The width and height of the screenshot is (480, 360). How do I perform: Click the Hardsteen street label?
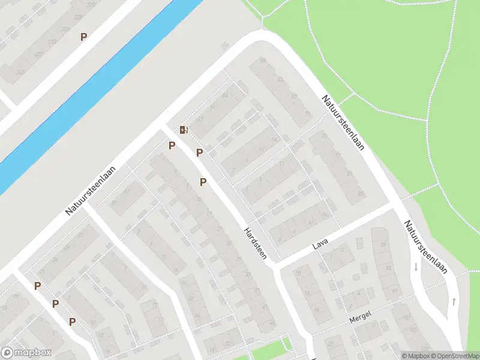(x=254, y=242)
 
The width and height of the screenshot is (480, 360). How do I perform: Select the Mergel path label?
(x=360, y=316)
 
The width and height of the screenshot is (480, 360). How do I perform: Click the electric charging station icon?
(x=184, y=130)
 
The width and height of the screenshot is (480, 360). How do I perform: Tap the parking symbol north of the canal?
(x=83, y=37)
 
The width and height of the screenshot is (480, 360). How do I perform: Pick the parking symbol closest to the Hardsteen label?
(x=203, y=182)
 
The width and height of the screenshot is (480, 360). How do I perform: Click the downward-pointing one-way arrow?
(x=415, y=266)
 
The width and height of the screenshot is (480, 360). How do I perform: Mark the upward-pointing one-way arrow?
(x=454, y=301)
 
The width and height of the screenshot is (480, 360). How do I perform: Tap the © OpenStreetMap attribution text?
(x=454, y=356)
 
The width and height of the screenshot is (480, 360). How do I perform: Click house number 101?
(x=409, y=318)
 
